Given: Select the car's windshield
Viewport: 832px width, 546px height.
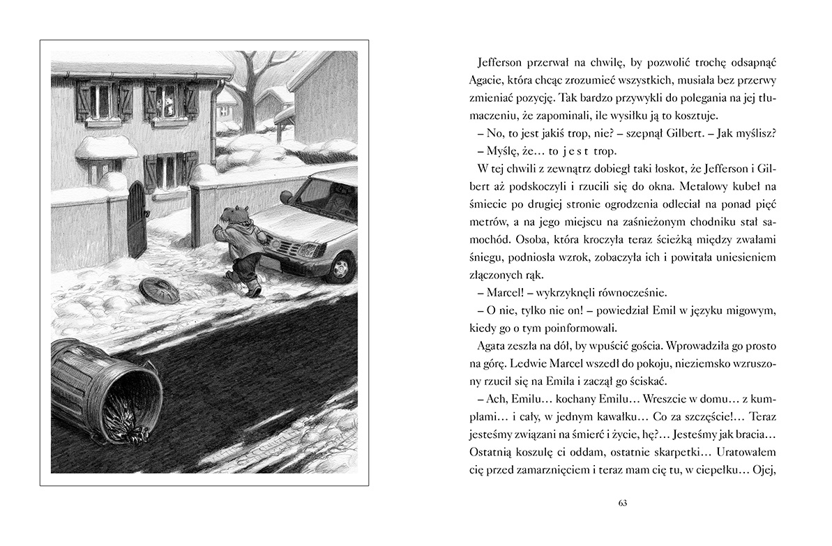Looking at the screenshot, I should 331,192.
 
